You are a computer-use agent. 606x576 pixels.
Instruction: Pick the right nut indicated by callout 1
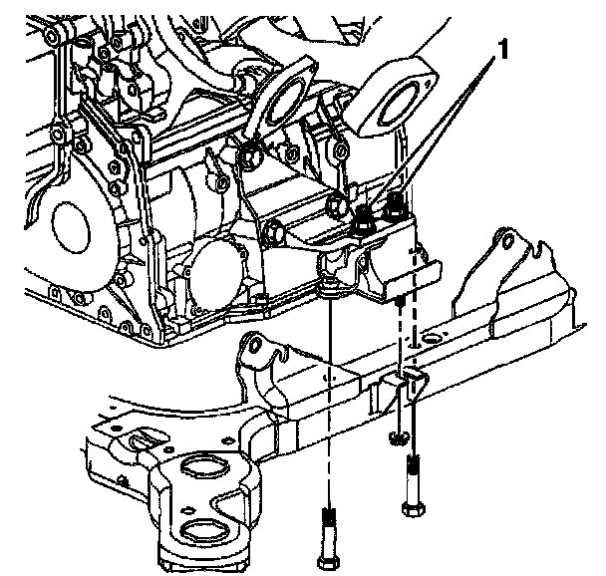(x=395, y=207)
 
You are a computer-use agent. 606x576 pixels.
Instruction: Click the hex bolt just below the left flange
(x=250, y=154)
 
